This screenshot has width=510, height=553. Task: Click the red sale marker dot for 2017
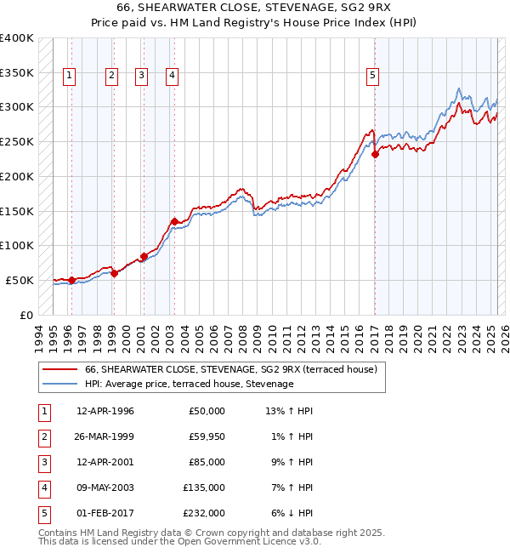pyautogui.click(x=375, y=155)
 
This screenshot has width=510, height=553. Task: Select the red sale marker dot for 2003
pyautogui.click(x=174, y=221)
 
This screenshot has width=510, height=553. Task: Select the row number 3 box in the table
pyautogui.click(x=45, y=462)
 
